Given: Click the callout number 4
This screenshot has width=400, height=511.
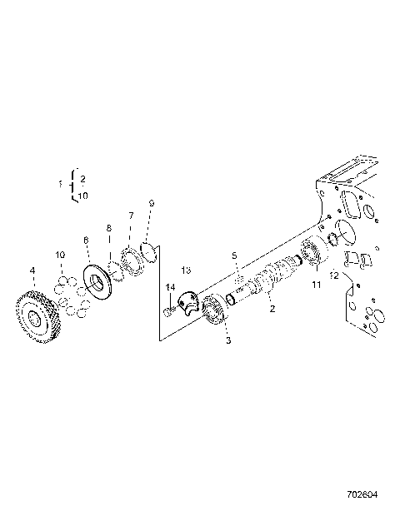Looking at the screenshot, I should tap(32, 270).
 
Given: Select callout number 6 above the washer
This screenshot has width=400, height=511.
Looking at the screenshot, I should tap(85, 240).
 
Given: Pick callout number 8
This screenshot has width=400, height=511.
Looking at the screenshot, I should tap(107, 227).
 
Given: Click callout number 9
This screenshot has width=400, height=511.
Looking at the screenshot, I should tap(151, 203).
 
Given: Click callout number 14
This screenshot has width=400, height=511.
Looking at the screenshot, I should tap(170, 287).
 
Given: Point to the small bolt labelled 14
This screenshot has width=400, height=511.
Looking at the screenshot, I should tap(170, 310).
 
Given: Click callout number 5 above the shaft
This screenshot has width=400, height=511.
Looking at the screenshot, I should tap(235, 255).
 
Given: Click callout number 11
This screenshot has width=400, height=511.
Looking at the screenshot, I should tap(316, 285).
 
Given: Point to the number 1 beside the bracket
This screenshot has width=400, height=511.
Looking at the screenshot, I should tap(60, 183).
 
